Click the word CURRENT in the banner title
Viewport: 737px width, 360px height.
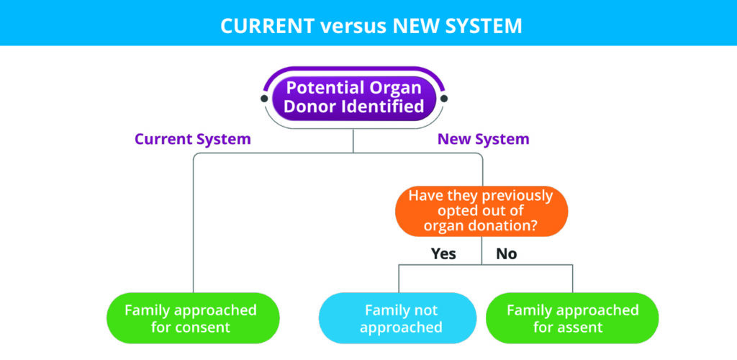click(267, 27)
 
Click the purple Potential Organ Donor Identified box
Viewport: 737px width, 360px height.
click(354, 97)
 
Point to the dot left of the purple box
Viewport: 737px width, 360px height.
click(264, 99)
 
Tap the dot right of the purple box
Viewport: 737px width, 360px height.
click(443, 99)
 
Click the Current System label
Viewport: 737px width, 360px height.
click(193, 140)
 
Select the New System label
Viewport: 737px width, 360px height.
click(483, 140)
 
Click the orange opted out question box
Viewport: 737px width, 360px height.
click(481, 211)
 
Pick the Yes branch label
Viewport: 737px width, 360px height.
click(443, 253)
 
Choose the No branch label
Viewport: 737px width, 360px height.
click(507, 253)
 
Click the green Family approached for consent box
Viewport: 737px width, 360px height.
click(193, 318)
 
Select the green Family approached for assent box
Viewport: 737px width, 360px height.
click(572, 318)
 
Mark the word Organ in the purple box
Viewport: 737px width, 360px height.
click(394, 88)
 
